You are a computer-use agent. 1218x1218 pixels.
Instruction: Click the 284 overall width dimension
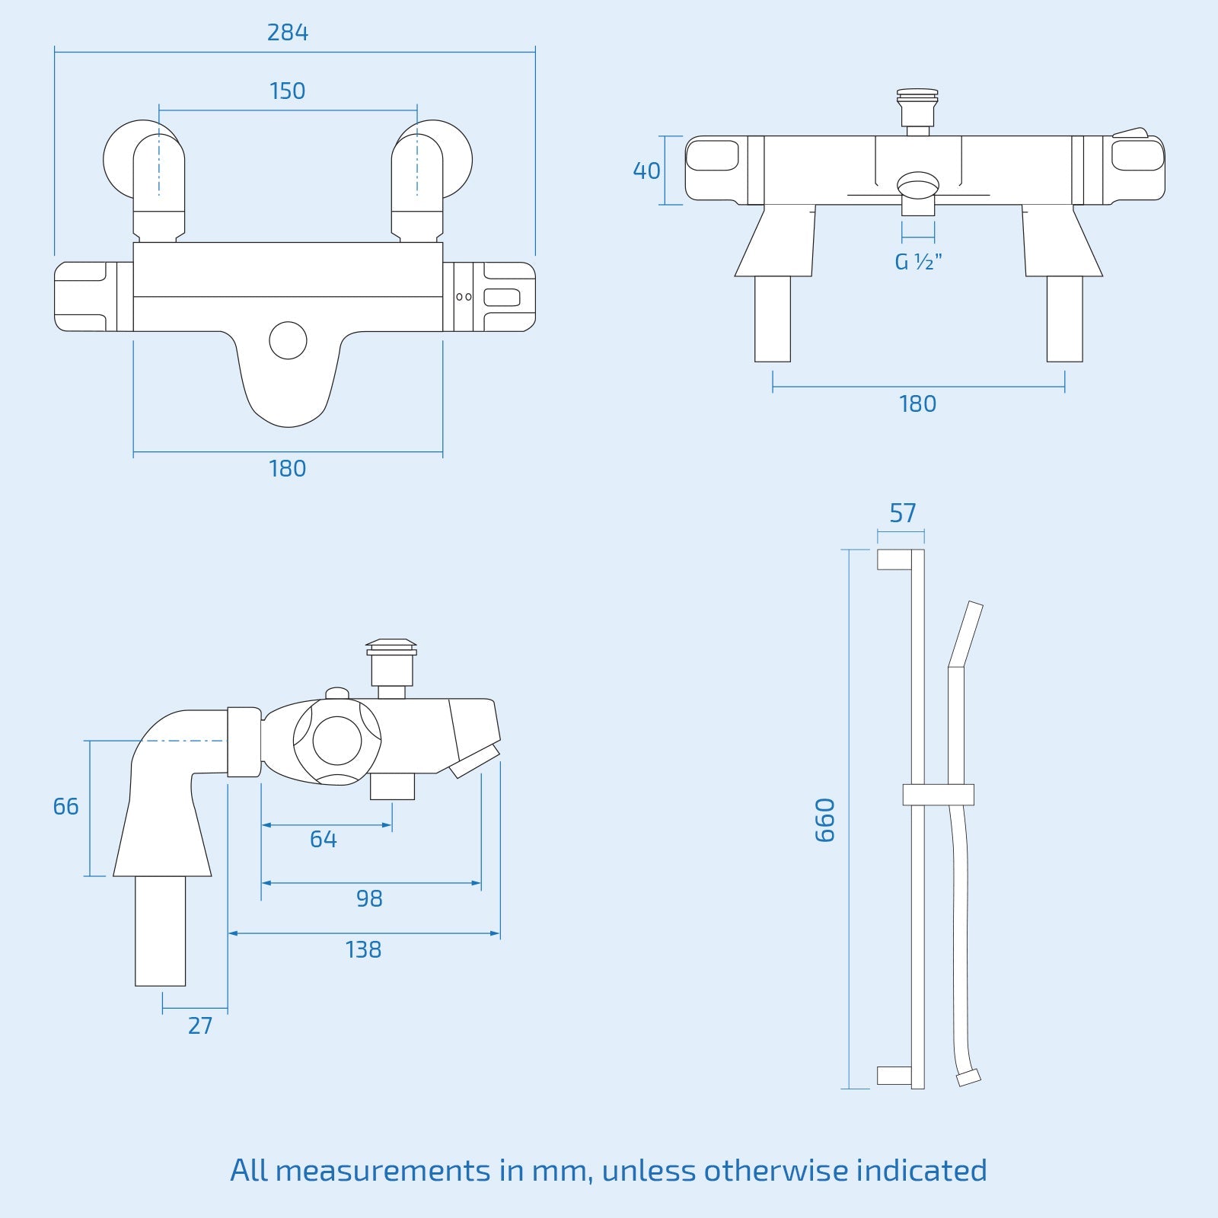point(287,33)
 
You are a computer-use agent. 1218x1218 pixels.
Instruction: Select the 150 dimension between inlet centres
point(287,91)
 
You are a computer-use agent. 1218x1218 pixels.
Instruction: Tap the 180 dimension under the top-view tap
point(287,468)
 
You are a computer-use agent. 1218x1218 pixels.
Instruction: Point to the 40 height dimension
point(646,171)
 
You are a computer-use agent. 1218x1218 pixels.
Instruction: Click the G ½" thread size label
point(918,262)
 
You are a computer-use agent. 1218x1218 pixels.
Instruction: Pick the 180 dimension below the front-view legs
point(917,403)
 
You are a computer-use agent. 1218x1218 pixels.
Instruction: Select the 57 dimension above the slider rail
point(902,513)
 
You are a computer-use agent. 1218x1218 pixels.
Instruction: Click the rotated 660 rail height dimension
point(825,820)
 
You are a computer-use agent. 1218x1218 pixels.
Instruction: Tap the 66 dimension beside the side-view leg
point(65,806)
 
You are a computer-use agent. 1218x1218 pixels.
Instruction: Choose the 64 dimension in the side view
point(323,839)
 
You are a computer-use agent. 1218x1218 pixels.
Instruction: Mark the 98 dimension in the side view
point(369,898)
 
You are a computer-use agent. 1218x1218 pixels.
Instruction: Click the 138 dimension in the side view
point(363,949)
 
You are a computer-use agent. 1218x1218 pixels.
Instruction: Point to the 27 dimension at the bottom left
point(199,1025)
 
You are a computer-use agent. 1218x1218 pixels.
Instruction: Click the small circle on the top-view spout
point(288,340)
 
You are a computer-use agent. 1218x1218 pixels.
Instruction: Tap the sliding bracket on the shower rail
point(938,794)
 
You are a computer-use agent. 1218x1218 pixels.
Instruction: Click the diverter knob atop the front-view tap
point(917,107)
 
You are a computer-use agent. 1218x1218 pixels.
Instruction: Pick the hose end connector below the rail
point(968,1077)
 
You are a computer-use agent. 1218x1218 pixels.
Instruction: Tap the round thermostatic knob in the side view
point(337,741)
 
